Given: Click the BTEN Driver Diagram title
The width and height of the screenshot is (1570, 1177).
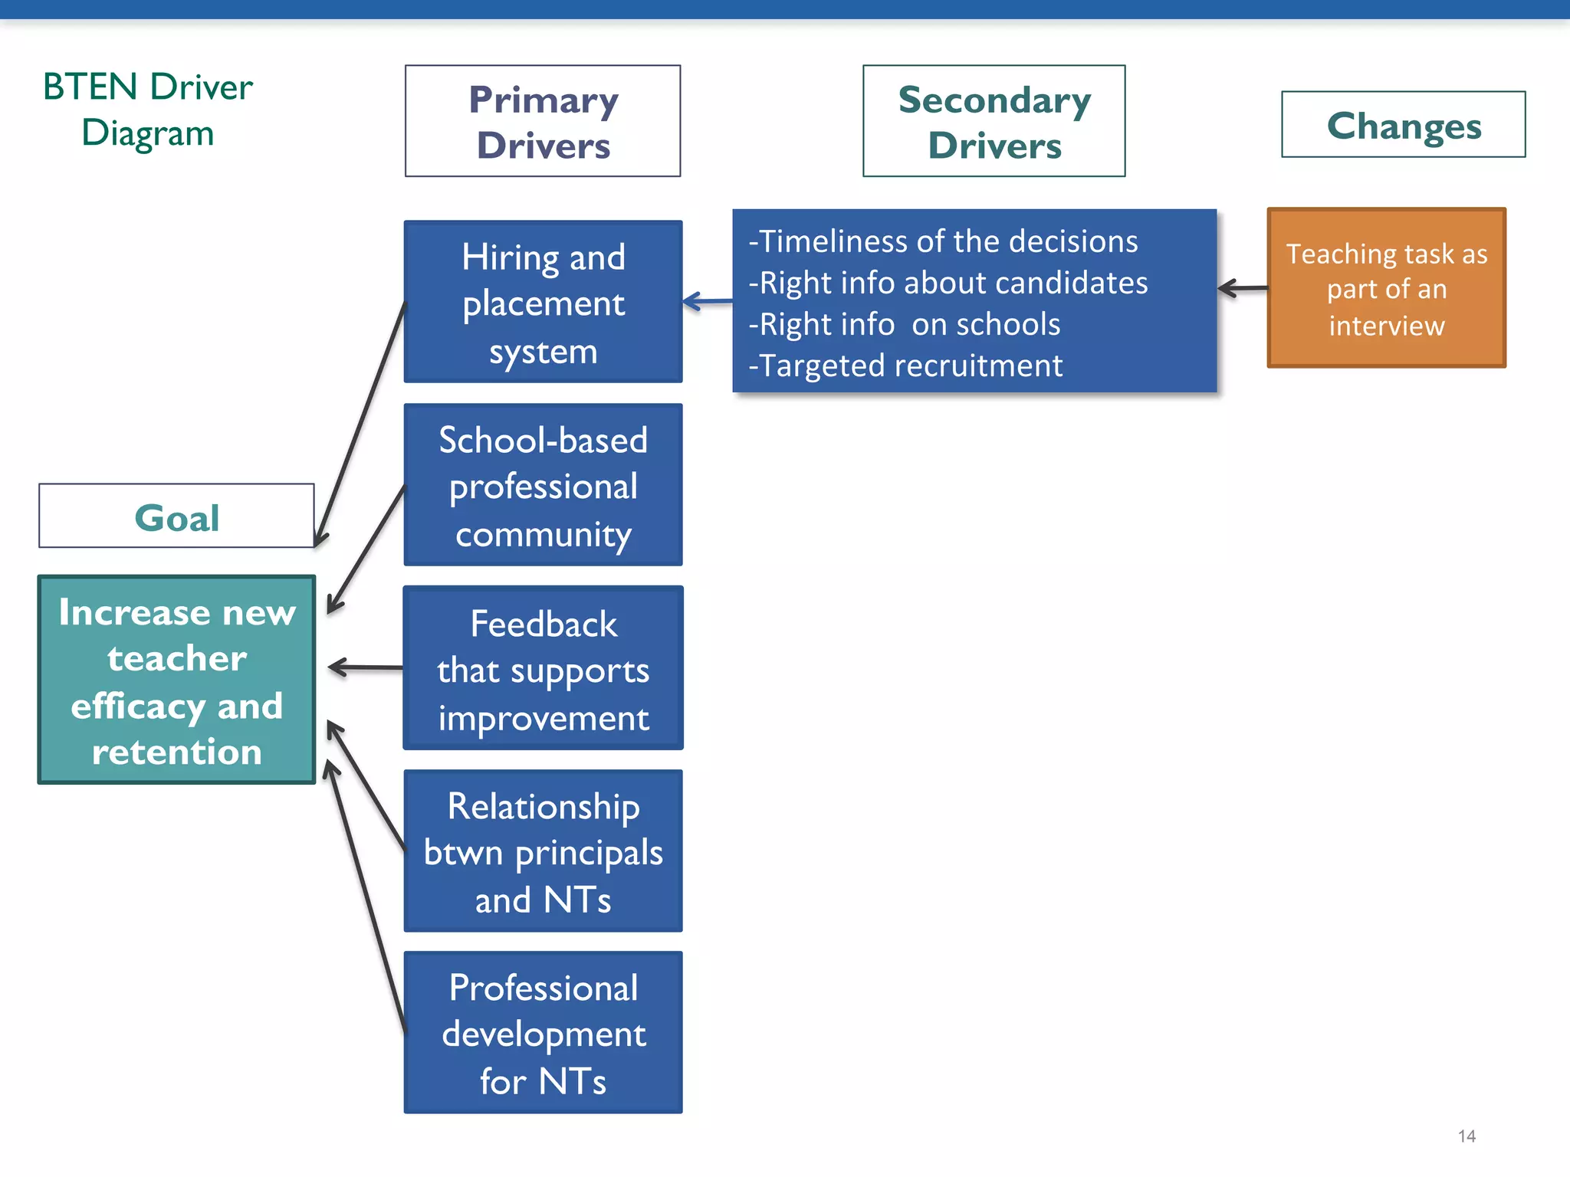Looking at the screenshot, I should (x=147, y=109).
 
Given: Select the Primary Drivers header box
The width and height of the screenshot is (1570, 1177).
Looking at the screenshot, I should (x=543, y=121).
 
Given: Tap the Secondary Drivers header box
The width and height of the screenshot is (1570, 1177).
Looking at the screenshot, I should (x=994, y=121).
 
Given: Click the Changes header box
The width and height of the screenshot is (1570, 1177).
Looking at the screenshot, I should (x=1403, y=125).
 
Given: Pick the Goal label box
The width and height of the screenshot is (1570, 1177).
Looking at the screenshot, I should (x=176, y=516).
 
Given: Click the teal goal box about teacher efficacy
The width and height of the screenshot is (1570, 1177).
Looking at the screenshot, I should (x=176, y=680).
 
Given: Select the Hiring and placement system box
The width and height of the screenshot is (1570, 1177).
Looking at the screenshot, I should (x=543, y=302).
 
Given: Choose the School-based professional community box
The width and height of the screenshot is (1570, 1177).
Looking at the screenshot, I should (x=543, y=485).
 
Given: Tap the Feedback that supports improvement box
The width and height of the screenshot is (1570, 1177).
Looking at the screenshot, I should (x=543, y=668).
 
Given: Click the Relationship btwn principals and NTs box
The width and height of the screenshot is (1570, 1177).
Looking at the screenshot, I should (x=543, y=851).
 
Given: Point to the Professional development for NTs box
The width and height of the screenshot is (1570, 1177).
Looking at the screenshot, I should (x=543, y=1033).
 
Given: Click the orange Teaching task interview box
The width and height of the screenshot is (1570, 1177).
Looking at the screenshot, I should (x=1386, y=289).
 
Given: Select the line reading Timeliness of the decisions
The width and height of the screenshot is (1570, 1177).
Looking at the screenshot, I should (x=943, y=242).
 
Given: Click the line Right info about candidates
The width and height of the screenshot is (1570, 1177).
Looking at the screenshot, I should (x=948, y=284).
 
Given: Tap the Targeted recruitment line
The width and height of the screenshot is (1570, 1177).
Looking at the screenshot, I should (x=905, y=366).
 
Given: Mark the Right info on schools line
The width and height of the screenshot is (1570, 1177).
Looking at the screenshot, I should (x=905, y=325).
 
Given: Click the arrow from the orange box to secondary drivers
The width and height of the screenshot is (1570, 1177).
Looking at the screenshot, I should (x=1243, y=289).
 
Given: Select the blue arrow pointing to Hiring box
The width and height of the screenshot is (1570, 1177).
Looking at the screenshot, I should (x=707, y=302).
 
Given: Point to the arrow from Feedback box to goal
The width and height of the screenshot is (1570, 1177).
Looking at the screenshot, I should (x=365, y=668).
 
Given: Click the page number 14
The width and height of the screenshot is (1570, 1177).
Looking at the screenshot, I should (x=1467, y=1136).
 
